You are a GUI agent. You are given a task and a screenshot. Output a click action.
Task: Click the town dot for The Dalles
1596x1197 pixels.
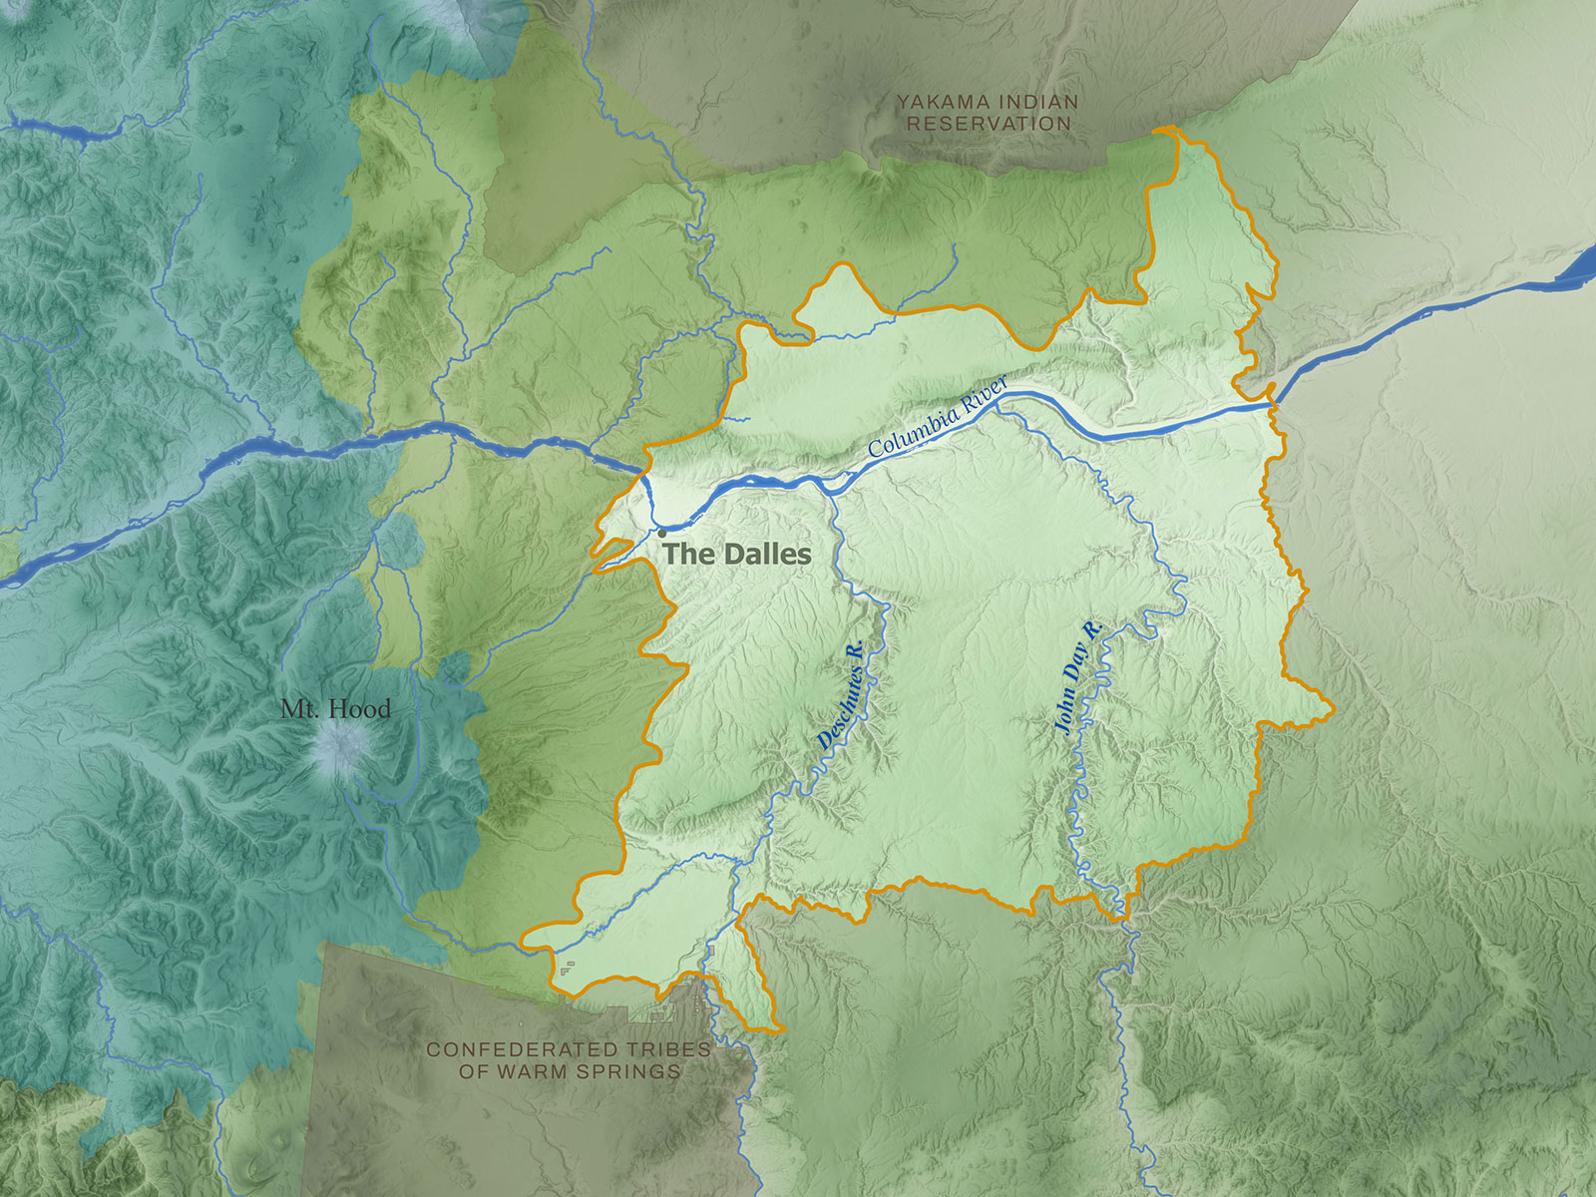[661, 534]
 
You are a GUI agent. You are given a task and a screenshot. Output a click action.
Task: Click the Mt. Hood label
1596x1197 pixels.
[335, 709]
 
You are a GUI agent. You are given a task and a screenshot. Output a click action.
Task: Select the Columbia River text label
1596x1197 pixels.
[938, 417]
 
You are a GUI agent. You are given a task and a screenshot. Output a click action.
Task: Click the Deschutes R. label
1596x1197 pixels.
[840, 696]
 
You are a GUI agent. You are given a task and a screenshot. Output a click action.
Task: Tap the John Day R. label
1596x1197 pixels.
[1078, 678]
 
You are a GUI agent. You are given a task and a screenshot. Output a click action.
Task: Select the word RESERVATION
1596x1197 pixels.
[989, 124]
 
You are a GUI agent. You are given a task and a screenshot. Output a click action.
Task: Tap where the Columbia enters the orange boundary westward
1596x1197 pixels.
[641, 474]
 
